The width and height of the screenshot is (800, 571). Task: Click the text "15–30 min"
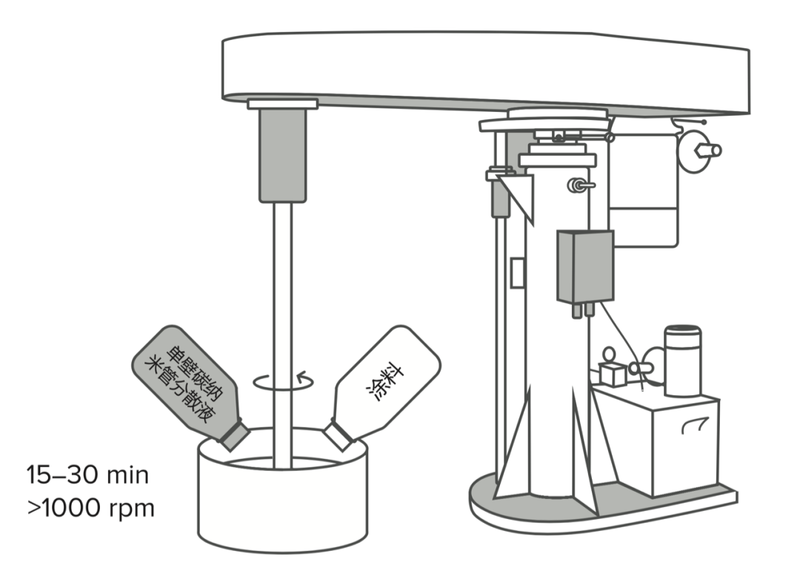(x=87, y=475)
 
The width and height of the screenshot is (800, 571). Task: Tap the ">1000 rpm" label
(x=90, y=509)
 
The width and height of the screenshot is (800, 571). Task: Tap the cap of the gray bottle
(x=232, y=434)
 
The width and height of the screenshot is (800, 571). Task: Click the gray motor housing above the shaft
(x=282, y=156)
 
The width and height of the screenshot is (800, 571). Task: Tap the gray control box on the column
(x=585, y=267)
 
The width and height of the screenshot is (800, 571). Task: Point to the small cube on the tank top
(x=612, y=374)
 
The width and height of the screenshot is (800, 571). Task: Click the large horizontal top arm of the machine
(x=481, y=70)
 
